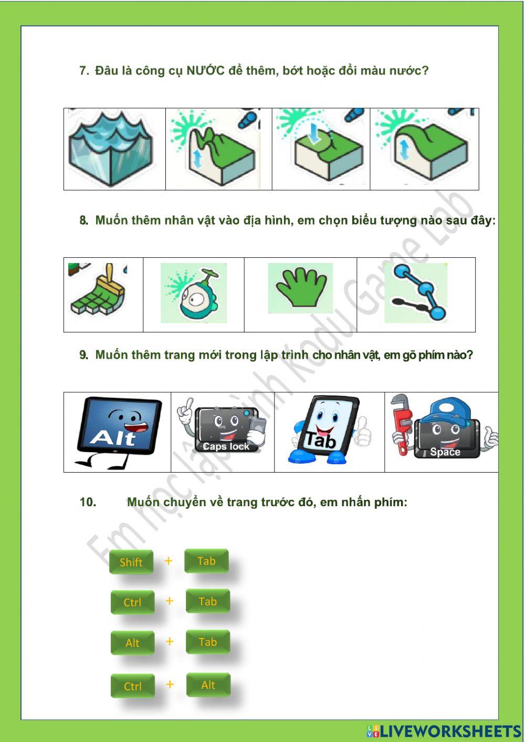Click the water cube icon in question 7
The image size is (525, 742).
click(x=111, y=149)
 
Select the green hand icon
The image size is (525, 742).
click(x=300, y=288)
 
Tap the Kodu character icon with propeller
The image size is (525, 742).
click(x=193, y=294)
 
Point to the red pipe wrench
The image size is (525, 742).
click(x=402, y=423)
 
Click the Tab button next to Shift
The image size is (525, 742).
click(x=206, y=561)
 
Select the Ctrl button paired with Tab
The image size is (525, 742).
click(x=132, y=602)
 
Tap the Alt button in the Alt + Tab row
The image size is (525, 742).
click(x=132, y=643)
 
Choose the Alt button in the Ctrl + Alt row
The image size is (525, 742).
click(x=208, y=685)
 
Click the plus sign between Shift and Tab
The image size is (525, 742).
click(x=168, y=561)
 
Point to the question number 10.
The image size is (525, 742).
click(x=88, y=502)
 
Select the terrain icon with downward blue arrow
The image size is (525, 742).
click(x=321, y=149)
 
